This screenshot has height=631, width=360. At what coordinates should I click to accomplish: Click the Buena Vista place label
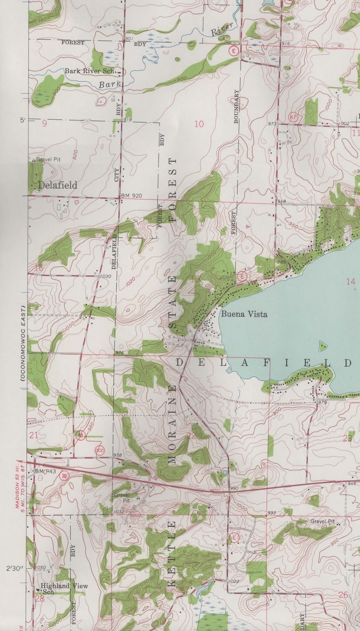pos(244,314)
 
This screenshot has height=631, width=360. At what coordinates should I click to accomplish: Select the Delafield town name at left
pos(58,185)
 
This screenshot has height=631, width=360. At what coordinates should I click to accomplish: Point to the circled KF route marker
pos(292,117)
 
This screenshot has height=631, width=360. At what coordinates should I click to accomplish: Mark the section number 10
pos(199,124)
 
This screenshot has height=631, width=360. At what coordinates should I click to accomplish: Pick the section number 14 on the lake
pos(351,282)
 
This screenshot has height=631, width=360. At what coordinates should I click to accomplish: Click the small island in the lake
pos(323,345)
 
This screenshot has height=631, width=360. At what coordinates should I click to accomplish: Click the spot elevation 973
pos(272,124)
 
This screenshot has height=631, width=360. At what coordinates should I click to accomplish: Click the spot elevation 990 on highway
pos(234,489)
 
